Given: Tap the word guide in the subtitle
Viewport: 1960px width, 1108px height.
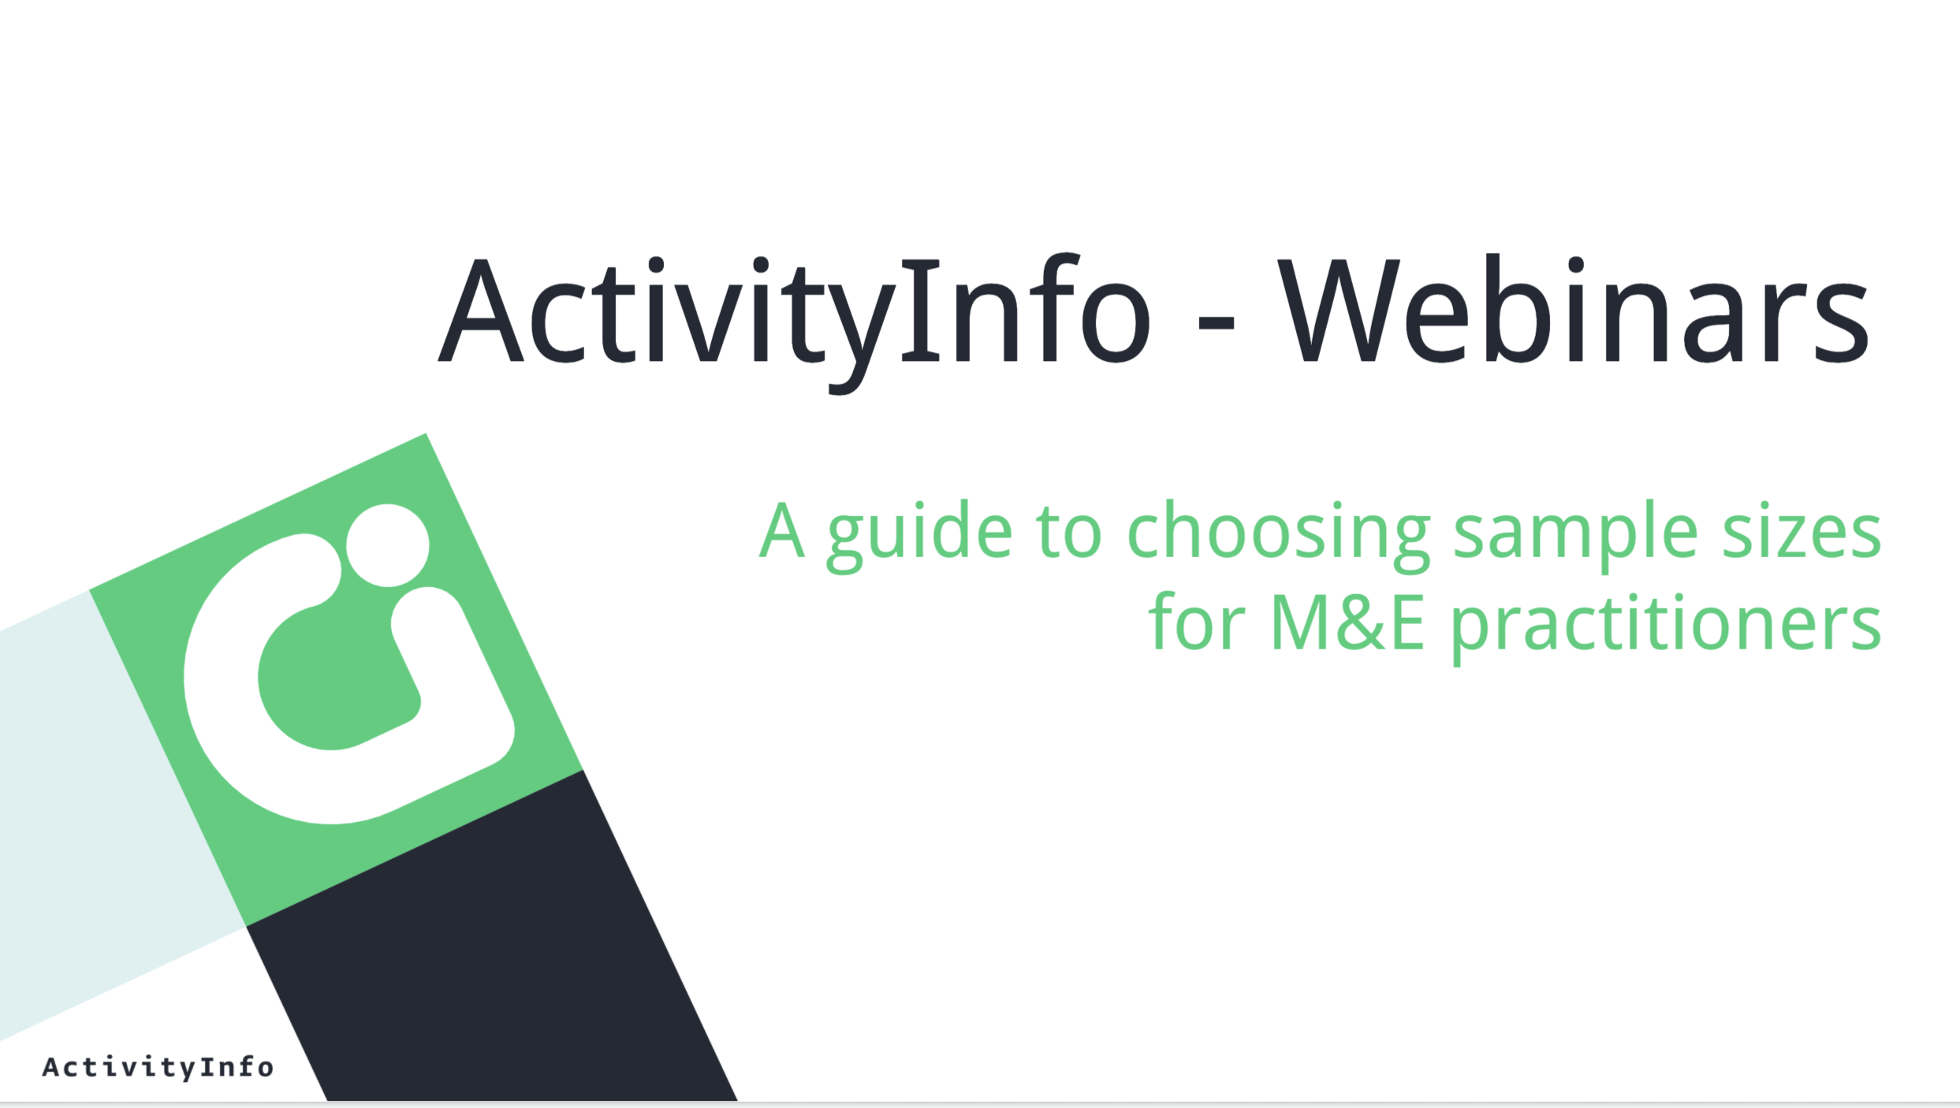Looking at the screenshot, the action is (x=919, y=536).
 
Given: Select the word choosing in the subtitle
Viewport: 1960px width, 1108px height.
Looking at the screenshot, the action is (x=1279, y=536).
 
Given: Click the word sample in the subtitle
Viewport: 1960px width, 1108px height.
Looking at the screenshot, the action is (x=1575, y=536).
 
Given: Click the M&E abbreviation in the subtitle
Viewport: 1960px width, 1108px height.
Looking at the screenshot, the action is (x=1348, y=623).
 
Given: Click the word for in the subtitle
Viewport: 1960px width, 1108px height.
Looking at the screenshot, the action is (x=1197, y=621).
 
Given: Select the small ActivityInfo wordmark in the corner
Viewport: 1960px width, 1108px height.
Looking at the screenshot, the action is (x=158, y=1068).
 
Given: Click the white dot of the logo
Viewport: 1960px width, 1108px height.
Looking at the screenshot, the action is (x=388, y=545).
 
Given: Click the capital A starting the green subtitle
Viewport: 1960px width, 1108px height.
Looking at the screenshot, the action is (x=782, y=530).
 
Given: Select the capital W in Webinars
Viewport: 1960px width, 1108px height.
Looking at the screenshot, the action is (x=1339, y=310).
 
